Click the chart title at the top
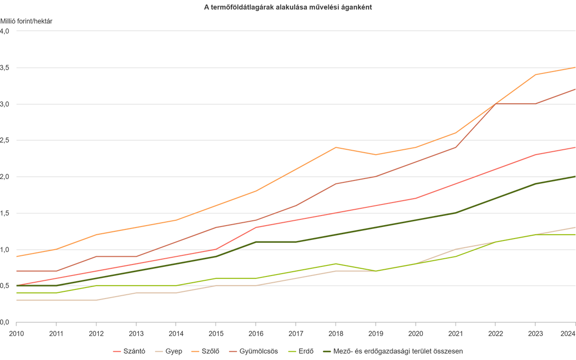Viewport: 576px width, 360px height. point(288,7)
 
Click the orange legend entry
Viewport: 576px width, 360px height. point(206,351)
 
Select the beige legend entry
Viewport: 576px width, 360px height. point(170,351)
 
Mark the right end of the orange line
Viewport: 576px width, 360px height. point(575,67)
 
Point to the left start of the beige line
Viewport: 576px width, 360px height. point(16,300)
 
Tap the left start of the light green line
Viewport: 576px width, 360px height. point(16,292)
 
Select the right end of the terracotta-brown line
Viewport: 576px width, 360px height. point(575,89)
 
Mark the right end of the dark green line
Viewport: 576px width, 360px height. point(575,176)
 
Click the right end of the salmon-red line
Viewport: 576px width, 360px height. point(575,147)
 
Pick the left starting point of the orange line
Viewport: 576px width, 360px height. point(16,256)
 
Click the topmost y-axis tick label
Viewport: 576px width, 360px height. point(5,31)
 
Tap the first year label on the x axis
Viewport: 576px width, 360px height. point(16,332)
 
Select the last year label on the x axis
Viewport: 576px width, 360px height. point(570,332)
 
